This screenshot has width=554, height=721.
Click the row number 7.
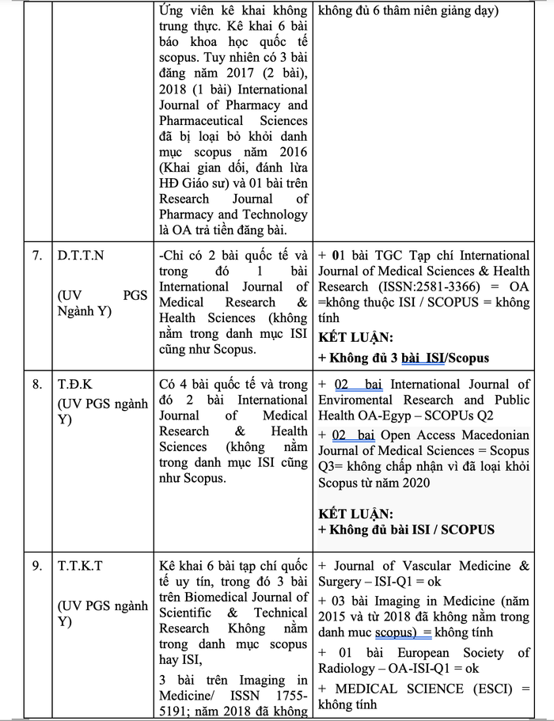pyautogui.click(x=36, y=256)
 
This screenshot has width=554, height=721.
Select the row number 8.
pyautogui.click(x=37, y=385)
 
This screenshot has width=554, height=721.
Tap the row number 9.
pyautogui.click(x=37, y=566)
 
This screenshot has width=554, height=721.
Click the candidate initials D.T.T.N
pyautogui.click(x=84, y=256)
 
